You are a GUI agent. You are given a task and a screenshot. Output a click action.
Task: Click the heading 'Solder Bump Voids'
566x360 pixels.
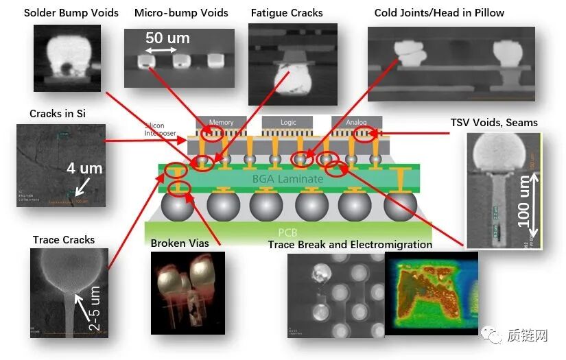click(x=71, y=13)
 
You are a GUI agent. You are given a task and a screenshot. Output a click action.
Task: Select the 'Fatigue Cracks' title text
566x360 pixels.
click(x=287, y=13)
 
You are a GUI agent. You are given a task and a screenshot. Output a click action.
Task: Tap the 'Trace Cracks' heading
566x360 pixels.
click(x=64, y=240)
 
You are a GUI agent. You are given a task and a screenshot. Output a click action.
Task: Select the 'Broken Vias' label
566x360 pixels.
click(x=180, y=243)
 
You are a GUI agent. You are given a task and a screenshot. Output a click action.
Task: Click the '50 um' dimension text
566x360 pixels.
click(x=167, y=38)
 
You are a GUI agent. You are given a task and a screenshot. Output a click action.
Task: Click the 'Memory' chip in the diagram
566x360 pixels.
click(x=221, y=123)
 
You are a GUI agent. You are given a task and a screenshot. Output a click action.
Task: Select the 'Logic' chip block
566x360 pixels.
click(x=289, y=123)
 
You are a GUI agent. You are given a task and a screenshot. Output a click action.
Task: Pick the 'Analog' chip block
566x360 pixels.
click(x=357, y=123)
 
